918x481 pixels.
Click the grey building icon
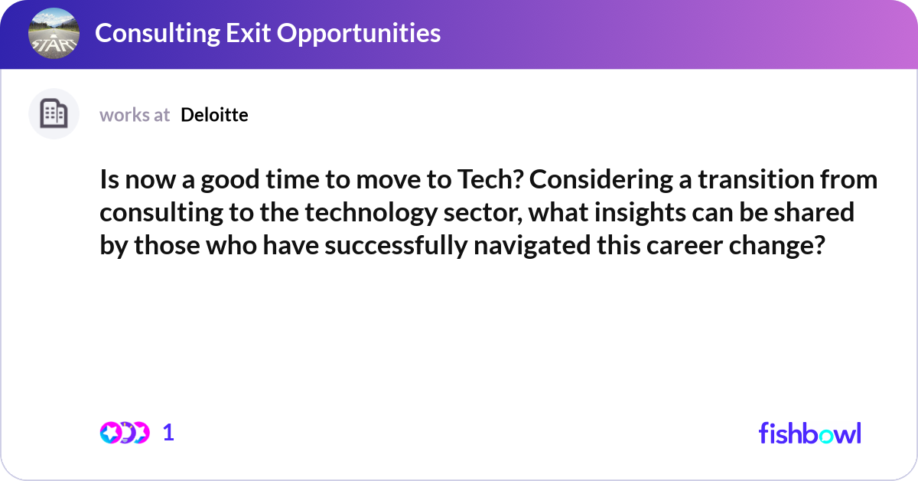[x=54, y=114]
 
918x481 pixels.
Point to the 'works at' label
[x=135, y=115]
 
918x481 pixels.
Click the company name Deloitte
[x=214, y=115]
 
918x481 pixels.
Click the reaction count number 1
[x=168, y=433]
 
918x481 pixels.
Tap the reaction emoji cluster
[x=124, y=433]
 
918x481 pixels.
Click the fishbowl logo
[x=809, y=433]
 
